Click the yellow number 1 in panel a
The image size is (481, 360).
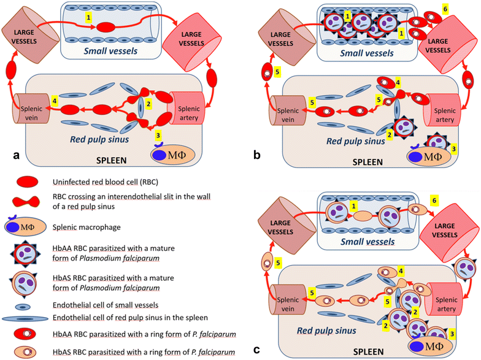(89, 18)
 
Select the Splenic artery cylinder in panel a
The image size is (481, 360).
(185, 103)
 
